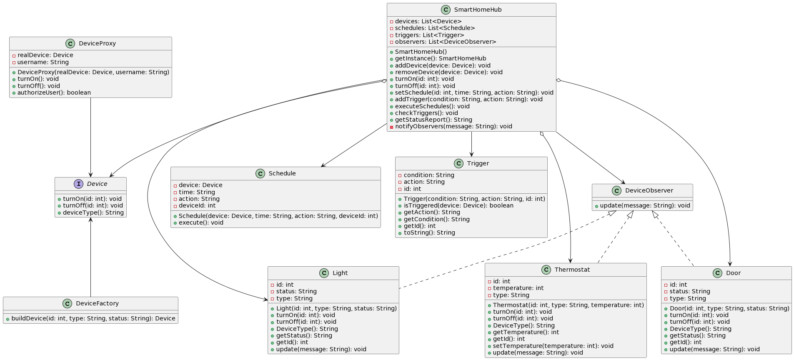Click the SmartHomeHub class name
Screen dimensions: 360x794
pyautogui.click(x=478, y=10)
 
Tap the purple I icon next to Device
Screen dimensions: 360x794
pyautogui.click(x=79, y=184)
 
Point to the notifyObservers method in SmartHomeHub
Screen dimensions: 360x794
pyautogui.click(x=453, y=126)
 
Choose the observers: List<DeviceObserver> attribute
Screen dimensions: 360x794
pyautogui.click(x=445, y=42)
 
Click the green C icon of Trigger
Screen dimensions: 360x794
pyautogui.click(x=459, y=163)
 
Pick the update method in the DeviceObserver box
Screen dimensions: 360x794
pyautogui.click(x=644, y=205)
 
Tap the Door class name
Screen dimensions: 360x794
pyautogui.click(x=733, y=273)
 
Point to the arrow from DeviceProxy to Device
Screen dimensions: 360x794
pyautogui.click(x=90, y=137)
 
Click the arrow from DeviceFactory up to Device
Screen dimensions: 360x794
pyautogui.click(x=90, y=258)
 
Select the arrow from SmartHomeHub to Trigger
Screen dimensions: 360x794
pyautogui.click(x=471, y=144)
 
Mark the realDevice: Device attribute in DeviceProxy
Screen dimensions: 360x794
pyautogui.click(x=45, y=55)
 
